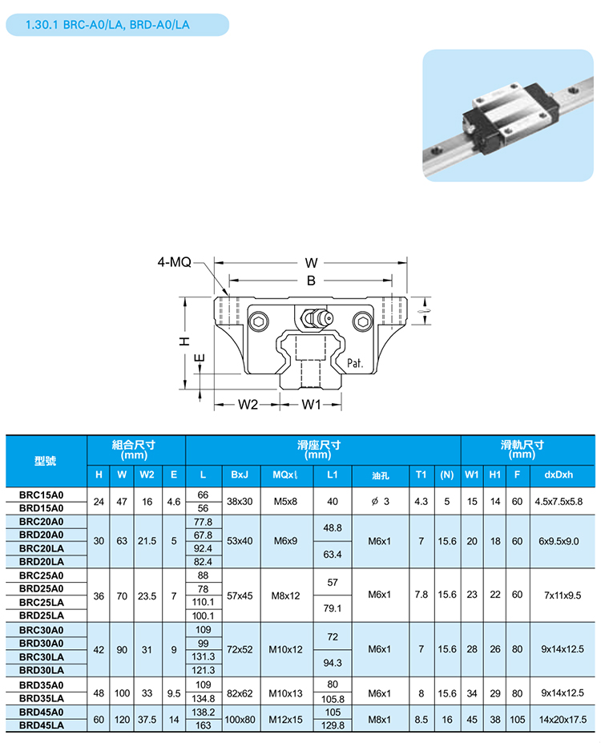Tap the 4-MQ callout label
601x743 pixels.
(174, 262)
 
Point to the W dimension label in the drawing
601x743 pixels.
(312, 262)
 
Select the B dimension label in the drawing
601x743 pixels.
(312, 280)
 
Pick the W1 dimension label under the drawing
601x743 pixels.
(311, 404)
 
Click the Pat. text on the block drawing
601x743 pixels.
(356, 363)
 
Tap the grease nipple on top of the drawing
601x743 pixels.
(314, 318)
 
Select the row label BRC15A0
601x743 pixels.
(41, 495)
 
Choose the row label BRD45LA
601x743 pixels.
(41, 725)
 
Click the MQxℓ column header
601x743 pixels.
(285, 474)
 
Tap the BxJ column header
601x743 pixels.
(240, 474)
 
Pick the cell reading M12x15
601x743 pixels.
(285, 718)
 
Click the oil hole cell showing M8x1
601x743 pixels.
(380, 718)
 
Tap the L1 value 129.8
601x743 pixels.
(333, 725)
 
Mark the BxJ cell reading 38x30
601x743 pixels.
(240, 501)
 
